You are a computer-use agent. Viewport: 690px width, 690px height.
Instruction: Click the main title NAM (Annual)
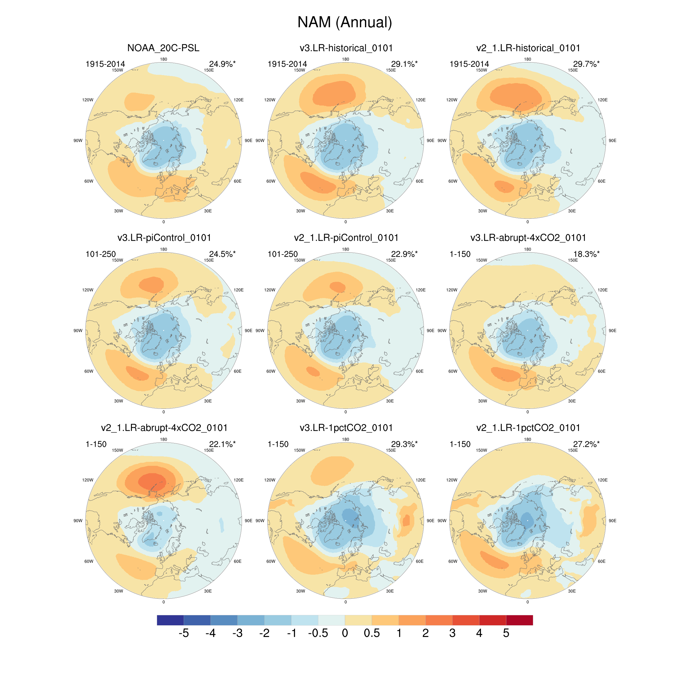point(345,22)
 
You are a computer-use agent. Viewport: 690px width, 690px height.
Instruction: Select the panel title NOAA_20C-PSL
point(163,48)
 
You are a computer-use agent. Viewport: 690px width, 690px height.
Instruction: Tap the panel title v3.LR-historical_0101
point(346,48)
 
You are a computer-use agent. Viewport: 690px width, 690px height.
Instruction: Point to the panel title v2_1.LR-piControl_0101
point(346,238)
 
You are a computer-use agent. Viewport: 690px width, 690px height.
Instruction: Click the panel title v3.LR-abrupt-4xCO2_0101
point(528,238)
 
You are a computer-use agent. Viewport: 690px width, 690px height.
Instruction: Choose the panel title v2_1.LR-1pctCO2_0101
point(528,428)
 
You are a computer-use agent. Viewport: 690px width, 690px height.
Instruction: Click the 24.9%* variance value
point(222,64)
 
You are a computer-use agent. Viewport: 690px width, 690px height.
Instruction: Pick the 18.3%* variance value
point(586,254)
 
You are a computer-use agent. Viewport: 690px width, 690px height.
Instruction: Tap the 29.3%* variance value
point(404,444)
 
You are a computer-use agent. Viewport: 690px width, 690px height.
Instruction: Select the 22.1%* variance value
point(222,444)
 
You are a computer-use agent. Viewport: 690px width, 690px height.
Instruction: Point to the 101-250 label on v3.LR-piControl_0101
point(100,254)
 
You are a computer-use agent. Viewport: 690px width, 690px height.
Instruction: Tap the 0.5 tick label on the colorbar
point(371,633)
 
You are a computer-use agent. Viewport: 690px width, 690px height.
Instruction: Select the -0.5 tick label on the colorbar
point(318,633)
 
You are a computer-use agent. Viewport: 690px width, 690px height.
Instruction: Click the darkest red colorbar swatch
point(519,620)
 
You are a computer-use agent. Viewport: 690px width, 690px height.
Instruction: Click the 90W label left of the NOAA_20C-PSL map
point(78,141)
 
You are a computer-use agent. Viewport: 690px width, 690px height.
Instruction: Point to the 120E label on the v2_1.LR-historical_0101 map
point(603,100)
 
